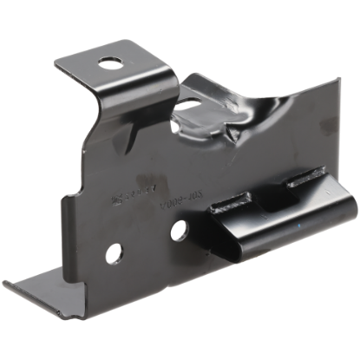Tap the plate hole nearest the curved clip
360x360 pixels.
point(180,231)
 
